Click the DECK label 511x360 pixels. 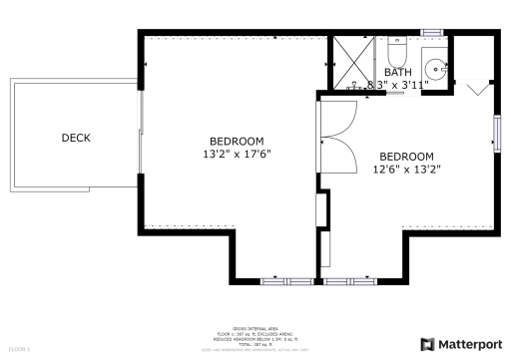tap(78, 138)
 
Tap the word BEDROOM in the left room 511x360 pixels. tap(237, 141)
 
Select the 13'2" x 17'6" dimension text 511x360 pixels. tap(237, 155)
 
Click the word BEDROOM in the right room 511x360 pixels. tap(407, 157)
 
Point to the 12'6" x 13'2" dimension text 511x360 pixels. tap(407, 170)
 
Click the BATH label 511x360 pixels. tap(397, 72)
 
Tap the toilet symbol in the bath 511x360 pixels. tap(394, 50)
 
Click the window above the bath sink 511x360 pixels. tap(432, 33)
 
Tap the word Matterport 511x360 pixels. tap(471, 344)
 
